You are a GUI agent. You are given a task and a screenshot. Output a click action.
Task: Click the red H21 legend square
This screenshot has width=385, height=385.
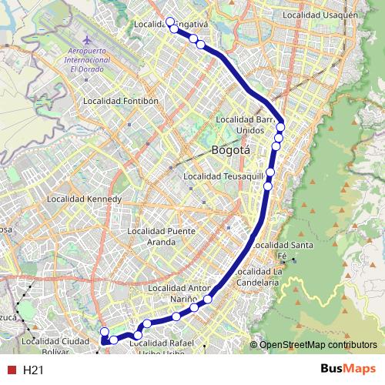coord(11,370)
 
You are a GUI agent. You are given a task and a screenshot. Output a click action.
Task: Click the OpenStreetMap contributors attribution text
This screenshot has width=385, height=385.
coord(318,344)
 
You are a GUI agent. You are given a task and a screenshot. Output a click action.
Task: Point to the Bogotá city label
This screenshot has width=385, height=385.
coord(230,151)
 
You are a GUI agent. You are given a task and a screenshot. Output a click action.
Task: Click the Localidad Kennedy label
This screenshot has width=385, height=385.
coord(85,199)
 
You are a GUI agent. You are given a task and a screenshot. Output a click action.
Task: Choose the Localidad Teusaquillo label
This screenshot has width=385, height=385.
coord(225,177)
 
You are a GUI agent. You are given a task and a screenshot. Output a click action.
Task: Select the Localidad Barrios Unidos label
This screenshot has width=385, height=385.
coord(245,125)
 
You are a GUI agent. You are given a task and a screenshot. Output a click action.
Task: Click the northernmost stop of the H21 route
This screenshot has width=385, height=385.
coord(170,22)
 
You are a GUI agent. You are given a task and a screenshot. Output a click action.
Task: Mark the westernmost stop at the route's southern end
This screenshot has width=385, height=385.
coord(105,332)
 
